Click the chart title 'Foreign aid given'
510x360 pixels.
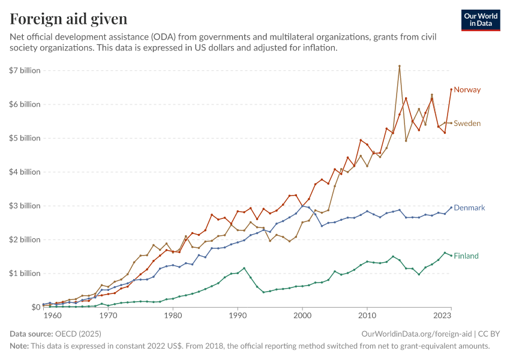coord(68,19)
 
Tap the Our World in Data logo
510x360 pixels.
coord(480,20)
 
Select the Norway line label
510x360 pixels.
coord(467,90)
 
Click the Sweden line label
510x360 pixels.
coord(467,124)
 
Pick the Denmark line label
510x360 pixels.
coord(469,208)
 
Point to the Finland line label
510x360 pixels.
coord(466,256)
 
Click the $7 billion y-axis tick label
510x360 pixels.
coord(25,70)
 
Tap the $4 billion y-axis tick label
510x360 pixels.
coord(25,172)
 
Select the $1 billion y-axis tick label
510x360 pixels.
coord(25,274)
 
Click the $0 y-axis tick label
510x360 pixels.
coord(34,307)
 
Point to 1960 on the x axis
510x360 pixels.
coord(52,315)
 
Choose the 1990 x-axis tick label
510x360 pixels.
coord(238,315)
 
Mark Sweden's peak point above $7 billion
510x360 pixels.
coord(399,66)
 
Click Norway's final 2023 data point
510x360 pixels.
coord(451,89)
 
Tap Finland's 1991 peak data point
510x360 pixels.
coord(244,268)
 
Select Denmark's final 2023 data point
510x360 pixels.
coord(451,208)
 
